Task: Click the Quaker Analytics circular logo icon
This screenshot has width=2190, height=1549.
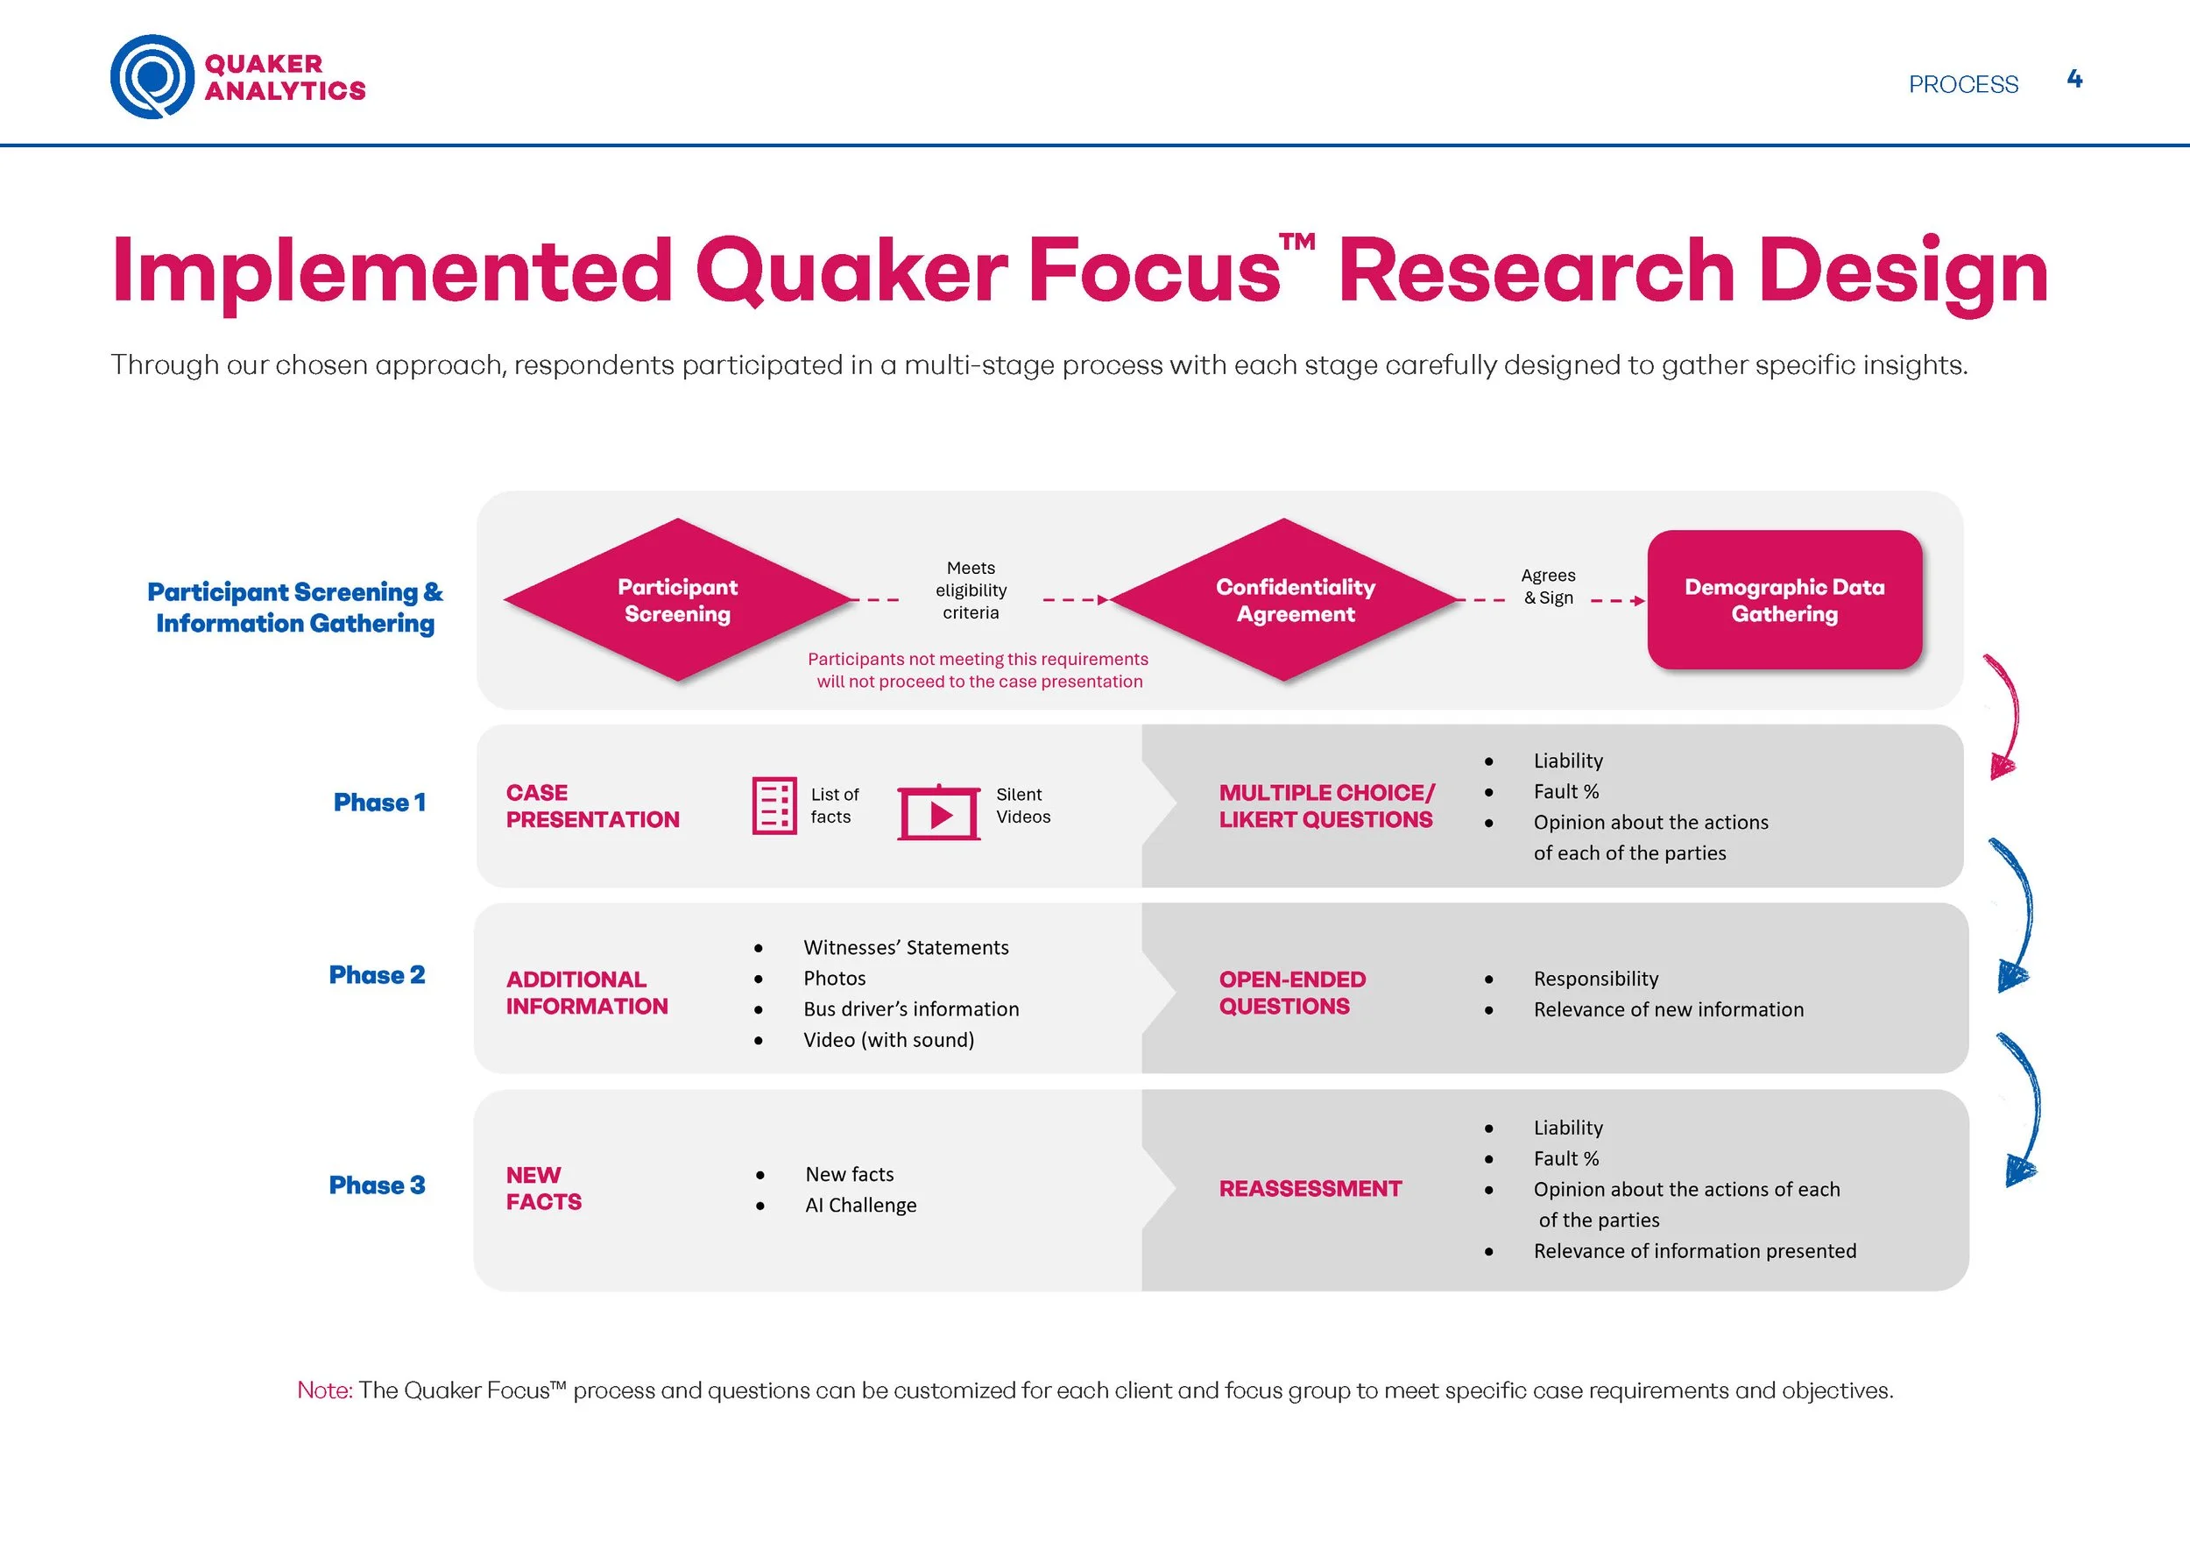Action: (152, 76)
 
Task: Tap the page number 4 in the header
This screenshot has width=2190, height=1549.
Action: (2073, 79)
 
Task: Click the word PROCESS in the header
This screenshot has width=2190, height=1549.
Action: (1963, 85)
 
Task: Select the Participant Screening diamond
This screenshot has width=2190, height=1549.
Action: (677, 600)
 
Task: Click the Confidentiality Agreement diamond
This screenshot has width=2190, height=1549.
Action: (1286, 600)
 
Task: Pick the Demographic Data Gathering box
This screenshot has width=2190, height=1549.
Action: (1784, 600)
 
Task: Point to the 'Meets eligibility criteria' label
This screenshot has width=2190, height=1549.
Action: (971, 591)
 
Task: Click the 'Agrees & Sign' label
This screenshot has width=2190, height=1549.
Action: (1548, 587)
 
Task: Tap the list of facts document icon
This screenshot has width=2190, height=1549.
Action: (774, 806)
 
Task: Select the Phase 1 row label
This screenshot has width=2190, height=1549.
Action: (378, 803)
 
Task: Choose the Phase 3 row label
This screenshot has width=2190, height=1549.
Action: (377, 1185)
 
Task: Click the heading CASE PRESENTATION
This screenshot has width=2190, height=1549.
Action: (592, 806)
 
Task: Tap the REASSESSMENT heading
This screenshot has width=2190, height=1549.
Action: (1310, 1188)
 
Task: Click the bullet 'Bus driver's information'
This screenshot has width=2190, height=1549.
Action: (911, 1009)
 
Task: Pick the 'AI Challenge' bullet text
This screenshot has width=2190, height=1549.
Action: (860, 1206)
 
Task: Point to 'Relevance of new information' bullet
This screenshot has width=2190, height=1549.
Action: (1668, 1009)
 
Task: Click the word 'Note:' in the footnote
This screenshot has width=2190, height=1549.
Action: (324, 1390)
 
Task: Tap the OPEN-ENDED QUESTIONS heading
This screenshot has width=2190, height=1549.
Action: (1291, 993)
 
